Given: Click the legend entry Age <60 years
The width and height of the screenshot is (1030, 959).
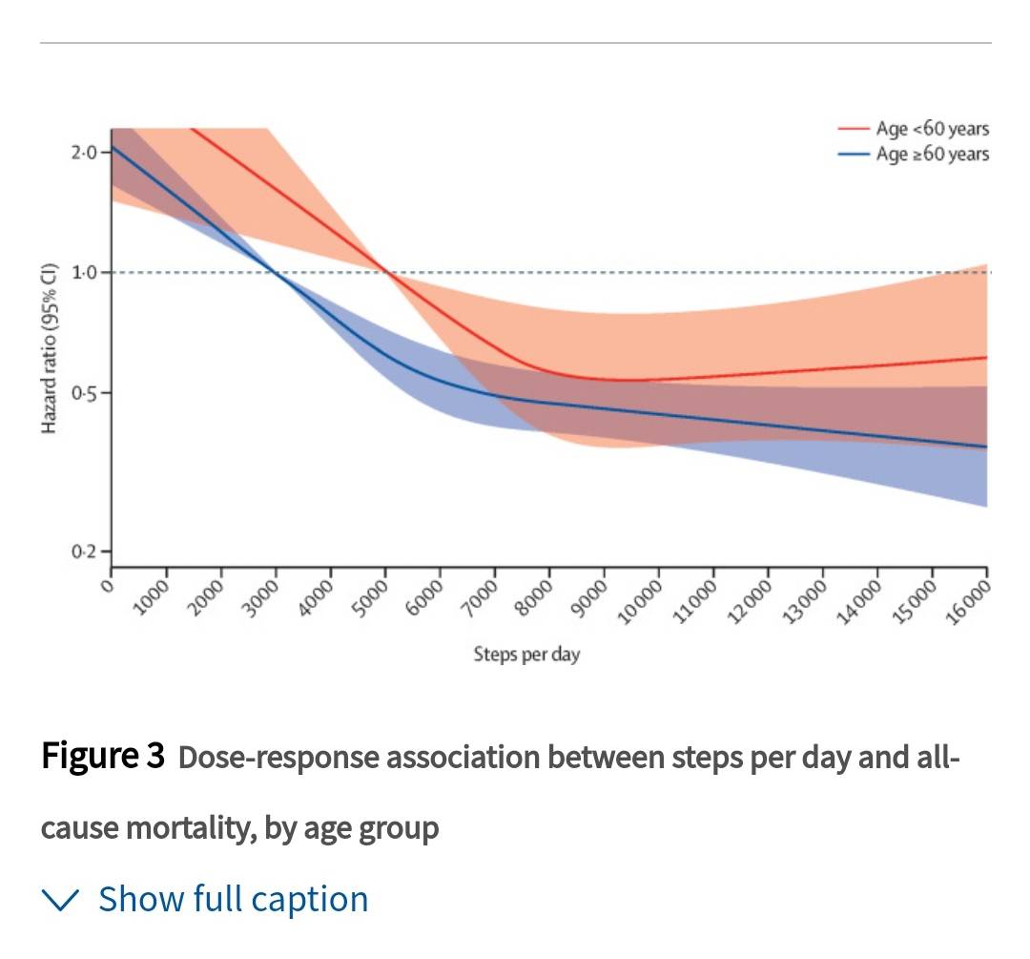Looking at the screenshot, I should point(932,129).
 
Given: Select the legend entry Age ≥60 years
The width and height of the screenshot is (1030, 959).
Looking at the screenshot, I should point(932,154).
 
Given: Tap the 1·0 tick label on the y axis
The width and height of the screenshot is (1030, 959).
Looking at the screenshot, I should point(84,273).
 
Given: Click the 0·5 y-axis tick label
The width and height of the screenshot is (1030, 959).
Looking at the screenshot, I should point(84,393).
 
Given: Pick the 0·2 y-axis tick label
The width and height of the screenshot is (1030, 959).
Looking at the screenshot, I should point(84,552).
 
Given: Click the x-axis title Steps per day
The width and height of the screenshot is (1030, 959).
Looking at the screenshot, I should point(526,655).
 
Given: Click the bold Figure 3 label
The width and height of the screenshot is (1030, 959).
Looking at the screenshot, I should point(103,757).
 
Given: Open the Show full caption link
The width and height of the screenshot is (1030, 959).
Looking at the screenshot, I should point(233,899).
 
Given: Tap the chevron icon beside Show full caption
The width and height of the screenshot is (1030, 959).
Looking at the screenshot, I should point(63,899).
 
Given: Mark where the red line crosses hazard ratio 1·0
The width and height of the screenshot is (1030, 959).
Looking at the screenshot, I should point(385,273).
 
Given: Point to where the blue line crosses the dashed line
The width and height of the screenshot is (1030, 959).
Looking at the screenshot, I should point(277,273).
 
